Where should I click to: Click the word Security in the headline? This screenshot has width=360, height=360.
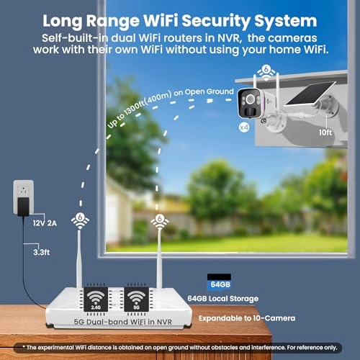tap(215, 21)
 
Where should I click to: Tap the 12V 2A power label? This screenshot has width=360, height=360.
tap(45, 223)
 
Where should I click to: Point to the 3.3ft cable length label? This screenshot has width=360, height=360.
tap(42, 252)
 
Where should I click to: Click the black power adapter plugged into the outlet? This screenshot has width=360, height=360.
tap(23, 207)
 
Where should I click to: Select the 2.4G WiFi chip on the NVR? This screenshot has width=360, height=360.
tap(96, 299)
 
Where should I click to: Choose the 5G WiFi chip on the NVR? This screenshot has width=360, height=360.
tap(136, 299)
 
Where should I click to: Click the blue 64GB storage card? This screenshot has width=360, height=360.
tap(219, 282)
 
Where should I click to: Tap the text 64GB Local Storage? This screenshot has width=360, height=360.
tap(222, 299)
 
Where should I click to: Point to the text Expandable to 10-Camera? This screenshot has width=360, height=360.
tap(247, 318)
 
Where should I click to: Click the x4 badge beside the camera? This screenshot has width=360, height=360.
tap(244, 127)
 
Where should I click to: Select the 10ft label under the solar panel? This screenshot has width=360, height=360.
tap(325, 132)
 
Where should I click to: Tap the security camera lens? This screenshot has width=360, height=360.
tap(250, 99)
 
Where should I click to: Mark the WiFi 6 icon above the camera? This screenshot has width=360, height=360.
tap(266, 72)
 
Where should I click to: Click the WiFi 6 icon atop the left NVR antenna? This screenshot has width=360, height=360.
tap(80, 221)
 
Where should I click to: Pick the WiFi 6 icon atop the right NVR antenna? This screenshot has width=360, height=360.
tap(160, 222)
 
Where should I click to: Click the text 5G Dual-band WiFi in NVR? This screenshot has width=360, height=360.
tap(123, 322)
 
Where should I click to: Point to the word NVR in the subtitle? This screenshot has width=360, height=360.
tap(230, 38)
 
